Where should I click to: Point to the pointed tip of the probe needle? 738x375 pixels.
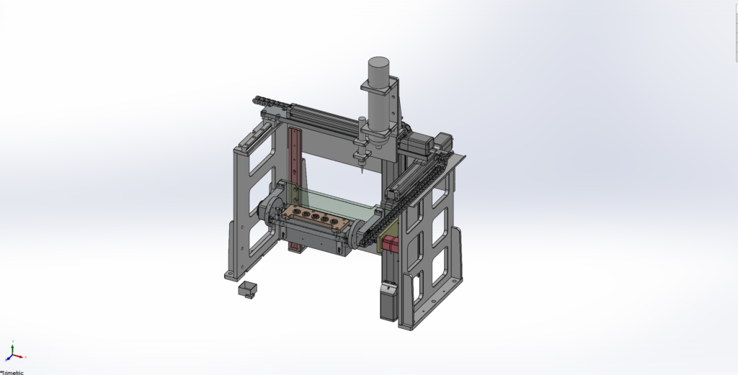coord(362,173)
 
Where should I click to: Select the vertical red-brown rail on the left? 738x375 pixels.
coord(295,188)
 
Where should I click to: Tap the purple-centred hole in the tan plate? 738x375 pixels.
coord(316,216)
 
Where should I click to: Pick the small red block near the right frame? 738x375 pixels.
coord(390,243)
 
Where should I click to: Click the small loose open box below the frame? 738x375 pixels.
coord(248,289)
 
